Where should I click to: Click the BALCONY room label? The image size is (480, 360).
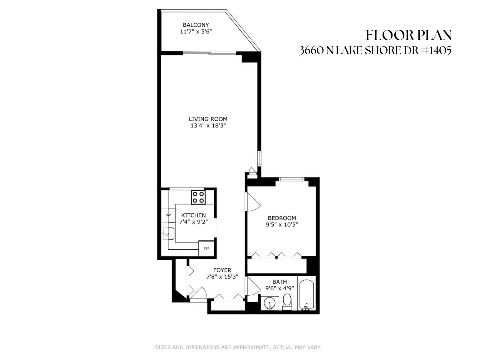[x=196, y=25]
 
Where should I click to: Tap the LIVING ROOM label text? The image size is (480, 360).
[x=208, y=119]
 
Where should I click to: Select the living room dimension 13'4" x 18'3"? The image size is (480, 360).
[x=208, y=126]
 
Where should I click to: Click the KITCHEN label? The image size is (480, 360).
[x=193, y=215]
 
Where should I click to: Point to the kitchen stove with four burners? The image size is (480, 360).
[x=198, y=197]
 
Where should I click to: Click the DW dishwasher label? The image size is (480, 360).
[x=168, y=215]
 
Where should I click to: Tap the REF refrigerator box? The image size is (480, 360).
[x=206, y=249]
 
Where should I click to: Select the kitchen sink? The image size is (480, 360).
[x=169, y=233]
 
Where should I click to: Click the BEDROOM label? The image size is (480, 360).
[x=282, y=218]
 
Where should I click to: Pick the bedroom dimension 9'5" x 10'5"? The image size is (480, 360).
[x=282, y=225]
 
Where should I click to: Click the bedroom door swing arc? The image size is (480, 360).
[x=253, y=202]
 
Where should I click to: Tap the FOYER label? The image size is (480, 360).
[x=222, y=270]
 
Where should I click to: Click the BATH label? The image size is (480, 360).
[x=280, y=282]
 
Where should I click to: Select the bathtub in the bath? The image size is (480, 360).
[x=307, y=294]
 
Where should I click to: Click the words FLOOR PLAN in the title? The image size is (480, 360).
[x=409, y=35]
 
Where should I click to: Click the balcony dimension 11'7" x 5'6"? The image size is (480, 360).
[x=196, y=32]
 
